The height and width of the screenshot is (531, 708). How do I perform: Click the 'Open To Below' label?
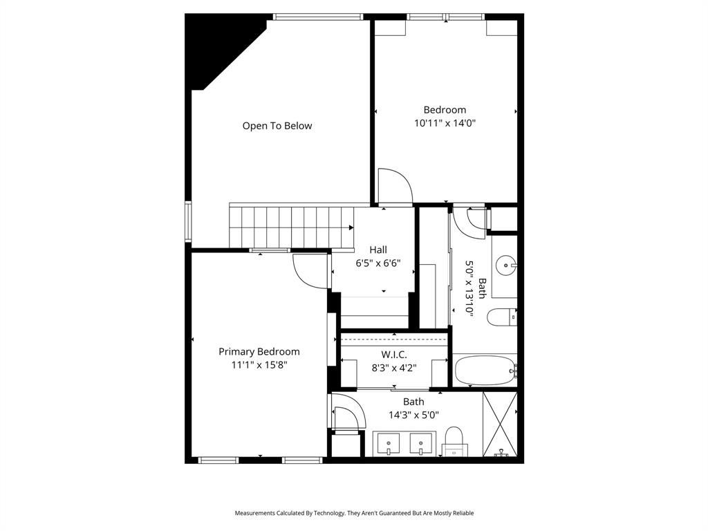coord(277,126)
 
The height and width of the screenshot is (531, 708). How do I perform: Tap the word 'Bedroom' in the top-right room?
coord(445,109)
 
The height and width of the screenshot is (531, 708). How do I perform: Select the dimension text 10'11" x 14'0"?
coord(445,123)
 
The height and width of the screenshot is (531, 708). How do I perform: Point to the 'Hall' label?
coord(378,250)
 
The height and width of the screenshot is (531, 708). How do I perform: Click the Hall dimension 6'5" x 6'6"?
coord(378,263)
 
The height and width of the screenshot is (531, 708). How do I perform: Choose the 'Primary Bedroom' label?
coord(259,351)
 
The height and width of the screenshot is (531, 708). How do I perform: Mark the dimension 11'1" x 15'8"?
coord(259,365)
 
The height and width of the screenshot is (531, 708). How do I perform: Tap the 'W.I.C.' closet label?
coord(393,354)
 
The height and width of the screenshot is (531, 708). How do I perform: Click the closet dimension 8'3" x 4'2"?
coord(393,368)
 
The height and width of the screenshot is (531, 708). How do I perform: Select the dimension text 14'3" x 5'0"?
coord(413,415)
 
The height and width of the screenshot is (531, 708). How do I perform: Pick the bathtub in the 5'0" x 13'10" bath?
coord(485,371)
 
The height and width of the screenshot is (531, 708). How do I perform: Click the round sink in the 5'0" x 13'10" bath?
coord(508,265)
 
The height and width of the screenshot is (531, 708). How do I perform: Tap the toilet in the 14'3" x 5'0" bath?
coord(454,440)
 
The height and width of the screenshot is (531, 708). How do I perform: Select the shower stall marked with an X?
coord(500,423)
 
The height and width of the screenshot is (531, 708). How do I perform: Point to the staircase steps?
coord(290,226)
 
